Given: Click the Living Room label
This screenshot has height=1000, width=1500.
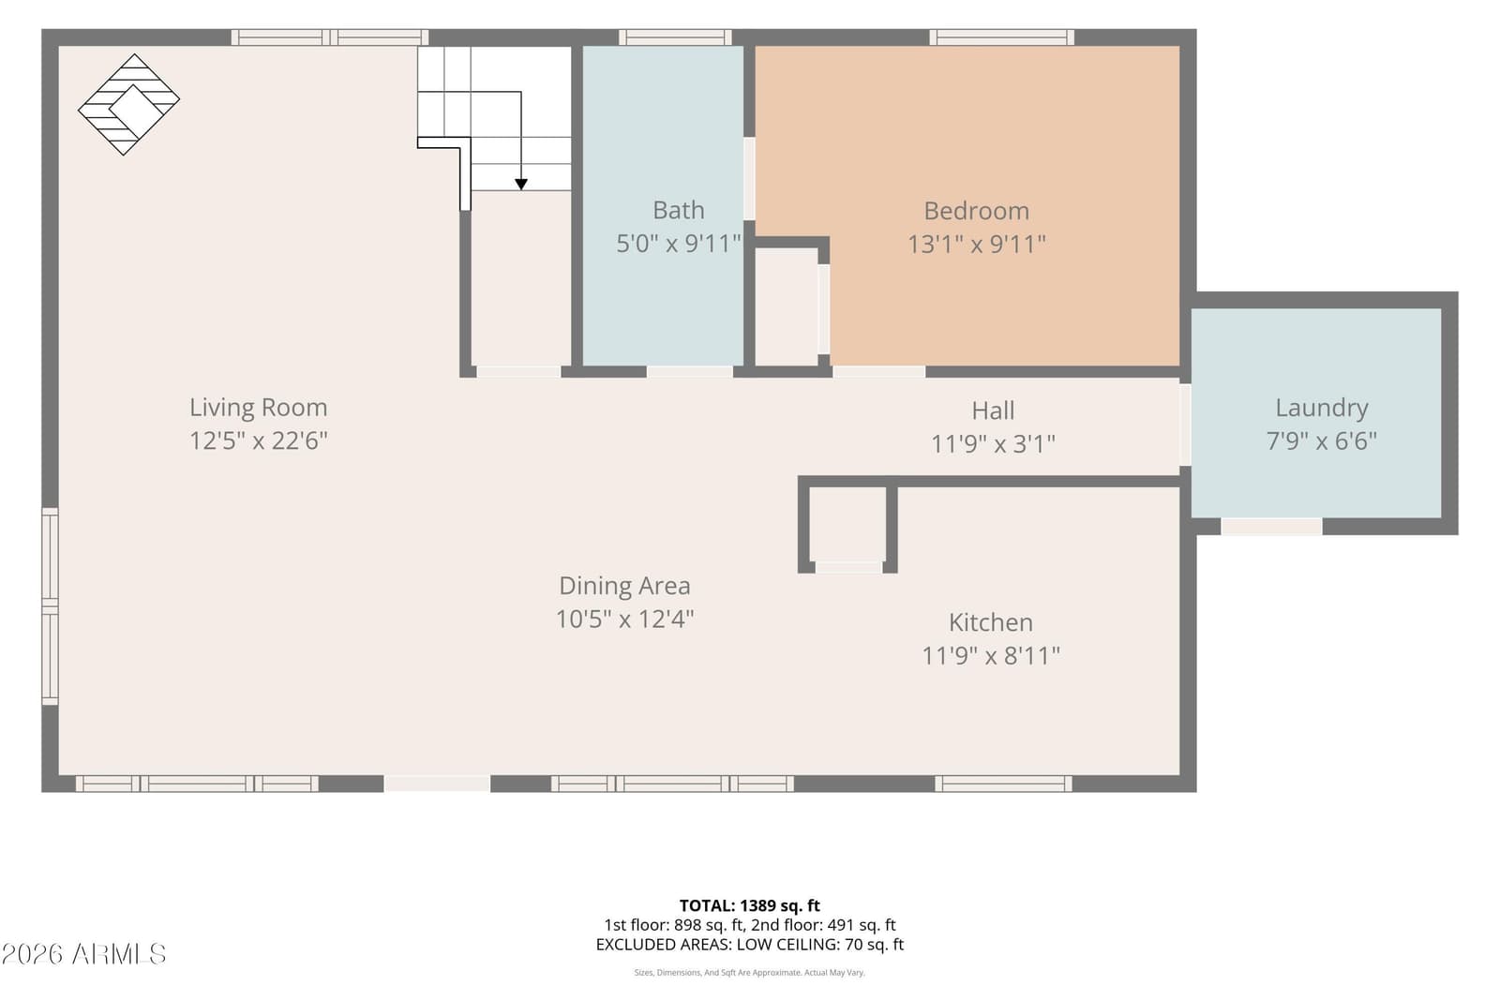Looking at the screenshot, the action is [x=259, y=408].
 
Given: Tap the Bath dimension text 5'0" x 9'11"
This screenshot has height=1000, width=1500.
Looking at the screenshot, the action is [x=679, y=244].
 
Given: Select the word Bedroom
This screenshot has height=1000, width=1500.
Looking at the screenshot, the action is [x=976, y=212].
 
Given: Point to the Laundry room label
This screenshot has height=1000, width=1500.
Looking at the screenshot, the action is [x=1321, y=409].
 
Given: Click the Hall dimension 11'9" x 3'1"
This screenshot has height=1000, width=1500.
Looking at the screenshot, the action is [x=993, y=444].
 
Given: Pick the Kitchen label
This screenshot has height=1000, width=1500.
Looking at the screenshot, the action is [x=990, y=622].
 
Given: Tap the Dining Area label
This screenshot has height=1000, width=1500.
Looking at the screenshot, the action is [x=624, y=586].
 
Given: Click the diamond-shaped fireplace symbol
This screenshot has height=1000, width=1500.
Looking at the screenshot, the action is [x=128, y=104].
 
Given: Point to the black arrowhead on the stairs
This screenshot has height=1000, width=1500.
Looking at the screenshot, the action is [x=521, y=184].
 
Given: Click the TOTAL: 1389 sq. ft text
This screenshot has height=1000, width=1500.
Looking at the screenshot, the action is [x=749, y=905].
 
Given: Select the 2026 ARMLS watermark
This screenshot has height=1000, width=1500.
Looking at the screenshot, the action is [x=83, y=954].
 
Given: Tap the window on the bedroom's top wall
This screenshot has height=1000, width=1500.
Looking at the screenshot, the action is [x=1002, y=37].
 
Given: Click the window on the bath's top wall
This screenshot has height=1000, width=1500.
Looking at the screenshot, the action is [x=675, y=37].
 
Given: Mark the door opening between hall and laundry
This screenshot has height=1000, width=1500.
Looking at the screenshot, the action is [x=1185, y=425].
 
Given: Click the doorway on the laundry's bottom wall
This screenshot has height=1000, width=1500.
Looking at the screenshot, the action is [x=1271, y=527].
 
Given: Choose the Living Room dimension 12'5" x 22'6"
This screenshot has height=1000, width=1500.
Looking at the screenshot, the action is [x=259, y=441].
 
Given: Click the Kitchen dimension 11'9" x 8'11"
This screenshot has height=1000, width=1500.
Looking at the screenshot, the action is [x=991, y=656].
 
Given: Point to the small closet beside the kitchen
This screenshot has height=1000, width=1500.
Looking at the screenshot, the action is [x=847, y=525].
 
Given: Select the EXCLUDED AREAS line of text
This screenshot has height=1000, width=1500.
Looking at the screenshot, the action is [x=749, y=945].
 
